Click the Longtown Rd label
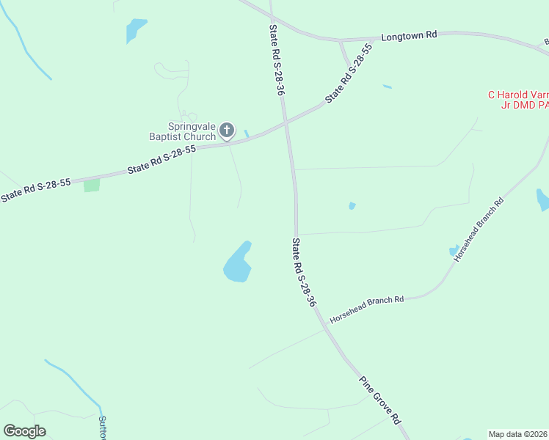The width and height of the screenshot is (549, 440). [x=410, y=34]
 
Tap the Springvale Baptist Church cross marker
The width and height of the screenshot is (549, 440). [x=227, y=131]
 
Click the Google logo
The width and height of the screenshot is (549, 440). [x=24, y=431]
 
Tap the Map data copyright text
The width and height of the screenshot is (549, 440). [x=518, y=434]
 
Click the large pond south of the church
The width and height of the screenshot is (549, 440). [x=238, y=264]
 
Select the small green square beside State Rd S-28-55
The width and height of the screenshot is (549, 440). [x=92, y=186]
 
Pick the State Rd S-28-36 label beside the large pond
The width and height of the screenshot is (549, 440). [x=304, y=272]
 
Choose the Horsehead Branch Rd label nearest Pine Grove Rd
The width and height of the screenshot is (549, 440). [x=367, y=309]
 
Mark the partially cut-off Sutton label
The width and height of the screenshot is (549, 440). [x=102, y=428]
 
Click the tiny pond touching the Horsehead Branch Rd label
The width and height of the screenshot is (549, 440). [x=454, y=251]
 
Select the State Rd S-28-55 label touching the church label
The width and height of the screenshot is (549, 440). [x=161, y=158]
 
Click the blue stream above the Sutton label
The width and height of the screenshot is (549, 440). [x=74, y=381]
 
